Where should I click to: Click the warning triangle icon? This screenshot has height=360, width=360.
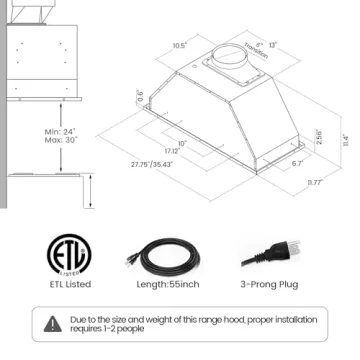(x=52, y=323)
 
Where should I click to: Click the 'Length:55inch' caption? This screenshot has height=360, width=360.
(x=167, y=284)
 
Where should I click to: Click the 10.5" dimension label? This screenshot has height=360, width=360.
(x=180, y=45)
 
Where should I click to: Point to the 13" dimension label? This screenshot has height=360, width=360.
(x=273, y=45)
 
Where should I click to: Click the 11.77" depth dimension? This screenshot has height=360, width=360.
(x=314, y=183)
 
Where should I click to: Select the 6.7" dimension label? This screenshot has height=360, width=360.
(x=297, y=163)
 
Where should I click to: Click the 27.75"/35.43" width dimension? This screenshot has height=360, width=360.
(x=151, y=164)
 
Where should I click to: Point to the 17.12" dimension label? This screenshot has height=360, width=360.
(x=172, y=151)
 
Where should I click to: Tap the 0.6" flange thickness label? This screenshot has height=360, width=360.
(x=140, y=97)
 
